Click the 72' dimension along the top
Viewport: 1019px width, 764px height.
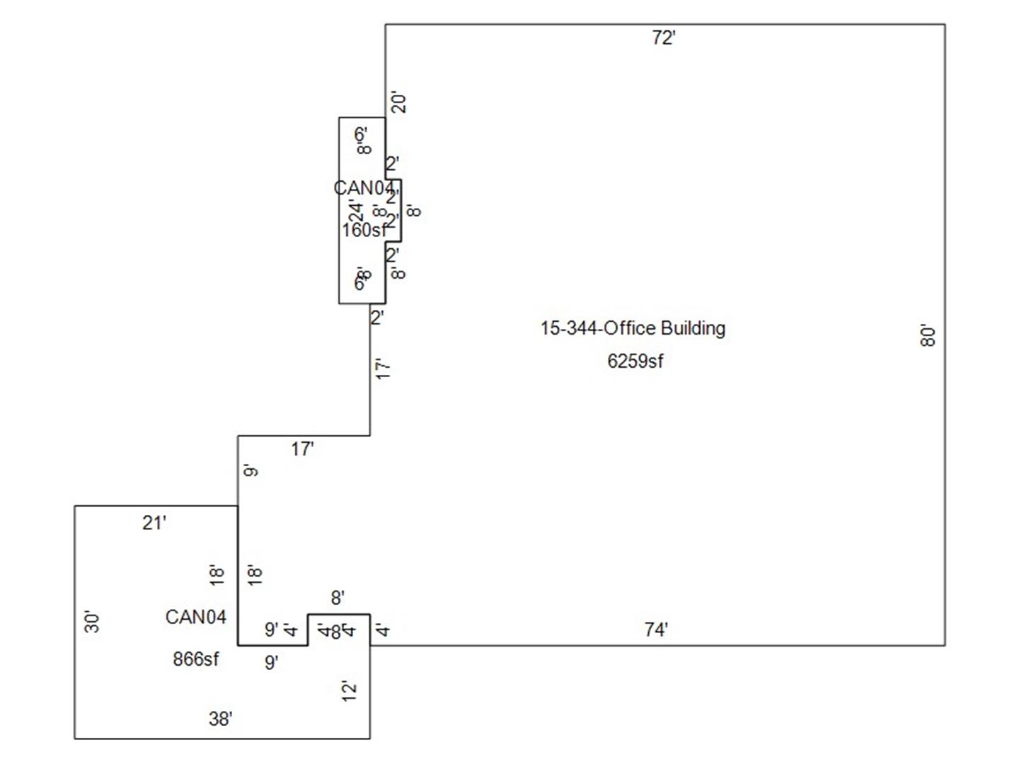pos(663,38)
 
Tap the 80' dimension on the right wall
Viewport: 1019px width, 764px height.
pos(928,335)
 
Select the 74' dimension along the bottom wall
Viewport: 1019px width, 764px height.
pos(656,629)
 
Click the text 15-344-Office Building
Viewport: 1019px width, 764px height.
pos(633,328)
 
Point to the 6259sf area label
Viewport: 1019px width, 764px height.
pos(635,361)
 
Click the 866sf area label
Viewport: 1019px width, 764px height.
pos(196,659)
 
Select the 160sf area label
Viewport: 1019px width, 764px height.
pos(364,231)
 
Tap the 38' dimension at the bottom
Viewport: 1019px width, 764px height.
pos(220,719)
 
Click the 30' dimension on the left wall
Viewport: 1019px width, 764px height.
pos(92,622)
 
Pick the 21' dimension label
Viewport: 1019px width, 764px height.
pos(154,523)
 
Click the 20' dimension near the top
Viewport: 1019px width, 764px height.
pos(399,103)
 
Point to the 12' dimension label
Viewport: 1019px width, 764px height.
pos(349,691)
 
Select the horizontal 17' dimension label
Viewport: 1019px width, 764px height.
pos(302,449)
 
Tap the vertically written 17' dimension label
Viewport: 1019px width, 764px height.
pos(383,369)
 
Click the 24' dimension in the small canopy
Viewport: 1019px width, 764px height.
pos(355,210)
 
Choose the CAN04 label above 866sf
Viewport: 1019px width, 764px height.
pos(195,617)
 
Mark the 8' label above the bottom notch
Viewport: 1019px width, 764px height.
pos(338,598)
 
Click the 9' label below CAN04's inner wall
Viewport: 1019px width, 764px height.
pos(271,662)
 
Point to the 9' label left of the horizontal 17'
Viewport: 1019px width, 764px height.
pos(251,470)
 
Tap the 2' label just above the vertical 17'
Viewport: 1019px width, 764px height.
pos(377,318)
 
